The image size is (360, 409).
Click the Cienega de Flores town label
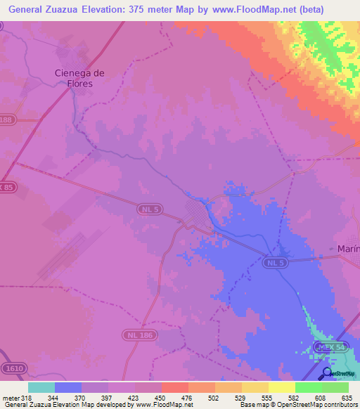coord(79,77)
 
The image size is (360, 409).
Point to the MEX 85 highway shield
coord(6,187)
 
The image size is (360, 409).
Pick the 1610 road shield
coord(12,368)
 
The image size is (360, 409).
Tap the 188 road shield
coord(6,120)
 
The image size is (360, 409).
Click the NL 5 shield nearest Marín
coord(275,263)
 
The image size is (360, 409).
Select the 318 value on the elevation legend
coord(27,398)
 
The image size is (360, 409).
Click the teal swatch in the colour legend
coord(41,387)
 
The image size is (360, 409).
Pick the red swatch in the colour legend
coord(174,387)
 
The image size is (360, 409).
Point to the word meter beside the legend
coord(11,398)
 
